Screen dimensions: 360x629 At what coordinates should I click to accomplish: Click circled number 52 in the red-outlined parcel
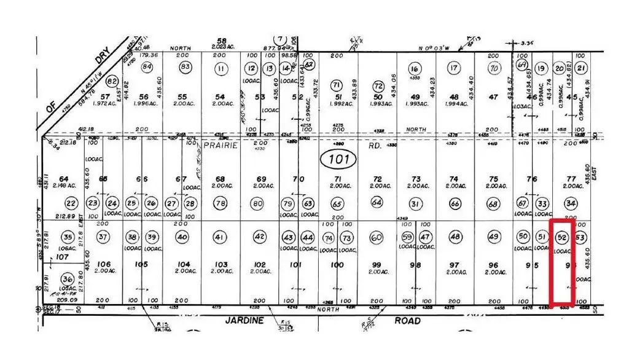561,237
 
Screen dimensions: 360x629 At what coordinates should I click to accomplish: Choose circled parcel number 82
112,82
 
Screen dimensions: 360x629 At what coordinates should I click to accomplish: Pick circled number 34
572,203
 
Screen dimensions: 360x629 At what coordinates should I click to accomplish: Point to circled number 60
377,238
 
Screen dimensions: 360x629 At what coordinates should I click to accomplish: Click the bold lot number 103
220,265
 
